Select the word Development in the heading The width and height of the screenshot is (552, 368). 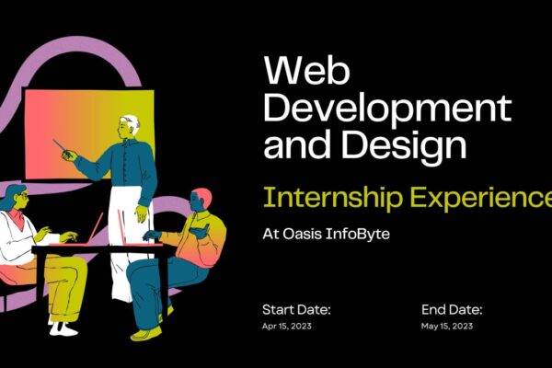[386, 109]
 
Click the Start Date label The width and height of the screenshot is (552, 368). [296, 310]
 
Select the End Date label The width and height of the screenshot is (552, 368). [452, 310]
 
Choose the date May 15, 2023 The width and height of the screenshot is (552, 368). [448, 327]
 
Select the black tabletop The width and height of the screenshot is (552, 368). [101, 247]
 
